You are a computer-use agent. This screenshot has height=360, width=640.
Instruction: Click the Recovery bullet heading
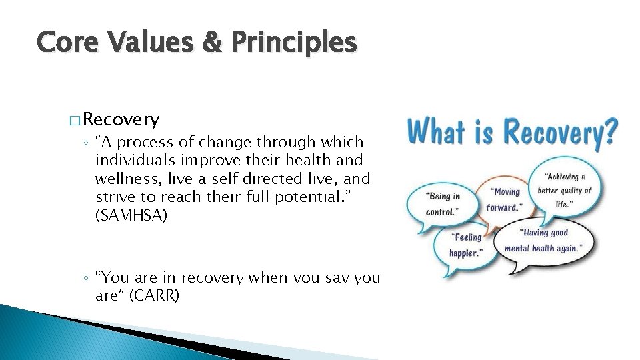point(122,120)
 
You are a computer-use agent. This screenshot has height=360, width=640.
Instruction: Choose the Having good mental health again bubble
point(544,241)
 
